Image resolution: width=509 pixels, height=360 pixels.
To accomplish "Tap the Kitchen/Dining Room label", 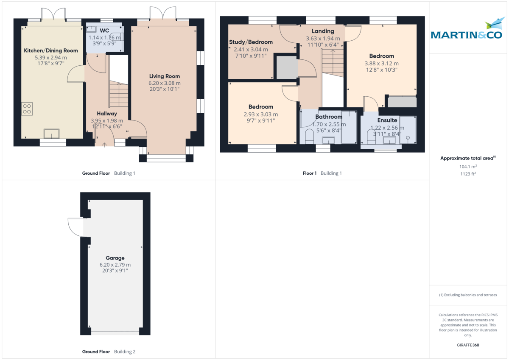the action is pos(51,50).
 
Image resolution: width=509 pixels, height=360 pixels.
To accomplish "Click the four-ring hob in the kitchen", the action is pos(27,109).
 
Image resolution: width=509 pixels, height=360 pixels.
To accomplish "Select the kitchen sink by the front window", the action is pos(52,134).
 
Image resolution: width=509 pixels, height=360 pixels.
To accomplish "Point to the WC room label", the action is pos(104,31).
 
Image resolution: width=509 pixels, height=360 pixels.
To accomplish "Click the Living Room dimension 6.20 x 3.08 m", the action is pos(165,83).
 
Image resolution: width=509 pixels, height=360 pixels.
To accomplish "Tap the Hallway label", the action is pos(107,113).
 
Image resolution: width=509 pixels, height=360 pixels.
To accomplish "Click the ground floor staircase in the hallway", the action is pos(119,94).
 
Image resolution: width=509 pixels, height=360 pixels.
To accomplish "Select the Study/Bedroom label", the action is pos(251,42).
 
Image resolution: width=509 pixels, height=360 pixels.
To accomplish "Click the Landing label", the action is pos(323,31).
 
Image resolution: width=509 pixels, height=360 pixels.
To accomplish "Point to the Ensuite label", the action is pos(387,120).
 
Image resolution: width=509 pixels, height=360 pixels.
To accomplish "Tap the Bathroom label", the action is pos(329,117).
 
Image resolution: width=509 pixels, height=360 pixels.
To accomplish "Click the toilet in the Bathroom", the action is pos(309,136).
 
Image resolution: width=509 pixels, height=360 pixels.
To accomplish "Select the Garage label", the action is pos(115,258).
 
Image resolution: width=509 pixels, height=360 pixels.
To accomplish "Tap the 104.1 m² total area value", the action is pos(468,167).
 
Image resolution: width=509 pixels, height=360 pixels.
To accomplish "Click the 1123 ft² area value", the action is pos(468,174).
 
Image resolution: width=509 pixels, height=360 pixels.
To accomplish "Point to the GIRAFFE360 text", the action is pos(468,345).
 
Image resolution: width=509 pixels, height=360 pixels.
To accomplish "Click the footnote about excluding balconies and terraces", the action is pos(468,295).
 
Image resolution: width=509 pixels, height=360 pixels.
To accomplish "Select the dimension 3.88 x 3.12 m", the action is pos(381,63).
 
